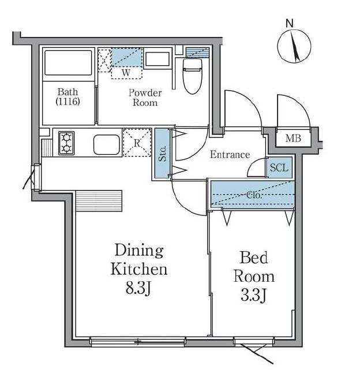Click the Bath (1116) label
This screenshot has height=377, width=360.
click(x=67, y=96)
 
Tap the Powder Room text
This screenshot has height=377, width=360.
click(x=145, y=98)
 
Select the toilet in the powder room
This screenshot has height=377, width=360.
click(x=192, y=76)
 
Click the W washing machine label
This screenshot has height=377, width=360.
click(x=126, y=73)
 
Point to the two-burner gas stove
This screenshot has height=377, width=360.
click(x=66, y=143)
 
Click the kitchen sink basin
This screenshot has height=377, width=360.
click(x=107, y=144)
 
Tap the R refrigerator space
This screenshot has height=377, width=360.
click(x=137, y=143)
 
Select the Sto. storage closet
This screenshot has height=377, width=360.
click(x=163, y=154)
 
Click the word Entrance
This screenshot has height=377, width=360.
click(x=230, y=154)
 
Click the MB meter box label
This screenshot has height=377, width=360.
click(x=293, y=138)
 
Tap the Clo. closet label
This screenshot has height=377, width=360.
click(x=254, y=195)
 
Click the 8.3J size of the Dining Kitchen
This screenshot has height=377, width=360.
click(x=138, y=288)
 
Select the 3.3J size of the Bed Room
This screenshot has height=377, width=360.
click(x=253, y=295)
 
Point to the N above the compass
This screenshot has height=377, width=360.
click(x=290, y=24)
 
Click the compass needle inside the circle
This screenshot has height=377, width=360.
click(x=295, y=46)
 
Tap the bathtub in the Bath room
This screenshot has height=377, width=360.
click(x=69, y=62)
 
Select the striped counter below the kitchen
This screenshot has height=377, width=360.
click(x=99, y=201)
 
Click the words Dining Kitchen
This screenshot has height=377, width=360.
click(x=139, y=260)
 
